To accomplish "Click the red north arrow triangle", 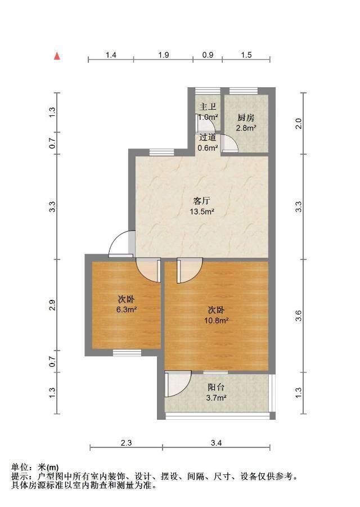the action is pos(57,56).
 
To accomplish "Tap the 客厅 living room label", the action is pos(201,201).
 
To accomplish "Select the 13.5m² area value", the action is pos(202,212).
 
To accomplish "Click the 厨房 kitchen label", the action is pos(246,118).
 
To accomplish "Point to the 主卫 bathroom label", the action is pos(208,106).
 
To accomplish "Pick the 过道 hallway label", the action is pos(208,137).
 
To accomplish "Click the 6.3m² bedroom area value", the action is pos(127,309).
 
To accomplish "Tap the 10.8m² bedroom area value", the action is pos(216,320).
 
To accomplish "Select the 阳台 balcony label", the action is pos(216,387).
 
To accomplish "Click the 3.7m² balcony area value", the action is pos(216,398).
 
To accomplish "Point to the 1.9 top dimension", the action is pos(164,55).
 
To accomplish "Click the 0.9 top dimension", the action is pos(208,55).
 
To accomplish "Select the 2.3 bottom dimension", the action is pos(126,443).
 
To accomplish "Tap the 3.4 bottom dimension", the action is pos(216,443).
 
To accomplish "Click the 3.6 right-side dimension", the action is pos(299,316).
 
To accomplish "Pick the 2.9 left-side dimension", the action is pos(52,305).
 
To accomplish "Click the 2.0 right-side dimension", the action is pos(299,124).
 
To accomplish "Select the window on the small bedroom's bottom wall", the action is pos(127,352).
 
